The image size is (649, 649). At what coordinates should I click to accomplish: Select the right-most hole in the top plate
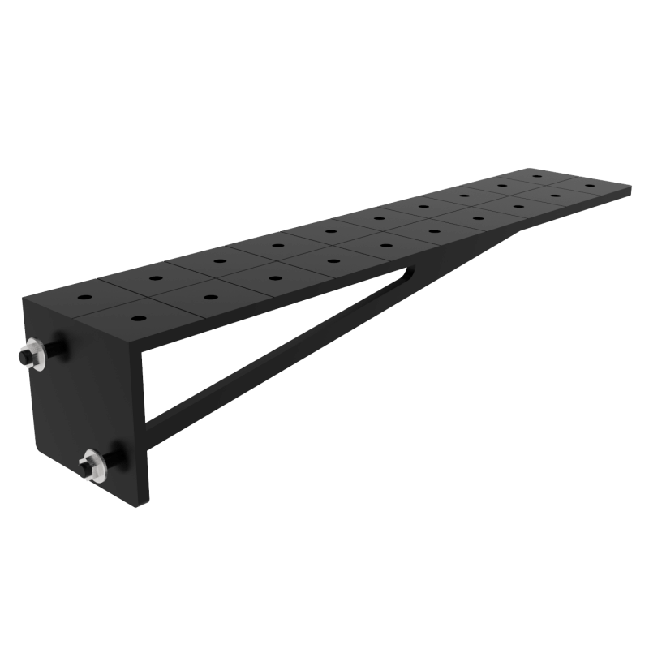coord(601,187)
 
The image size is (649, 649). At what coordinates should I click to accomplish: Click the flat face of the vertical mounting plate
coord(81,398)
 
